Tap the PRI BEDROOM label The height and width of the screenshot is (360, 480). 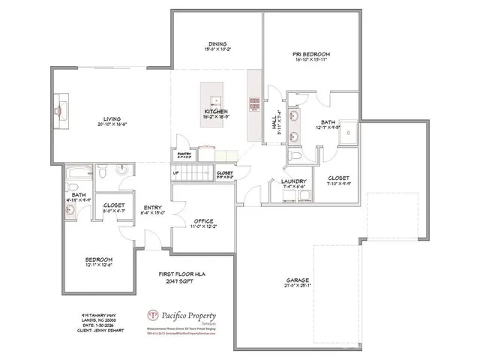pos(311,55)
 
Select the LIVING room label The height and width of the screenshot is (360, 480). pos(112,118)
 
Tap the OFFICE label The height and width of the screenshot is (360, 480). pos(203,220)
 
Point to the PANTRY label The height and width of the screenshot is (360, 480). pos(184,154)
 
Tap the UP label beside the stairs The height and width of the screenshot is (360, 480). pos(176,173)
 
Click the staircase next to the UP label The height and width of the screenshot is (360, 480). pos(198,175)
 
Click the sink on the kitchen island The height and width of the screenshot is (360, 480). pos(214,100)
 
